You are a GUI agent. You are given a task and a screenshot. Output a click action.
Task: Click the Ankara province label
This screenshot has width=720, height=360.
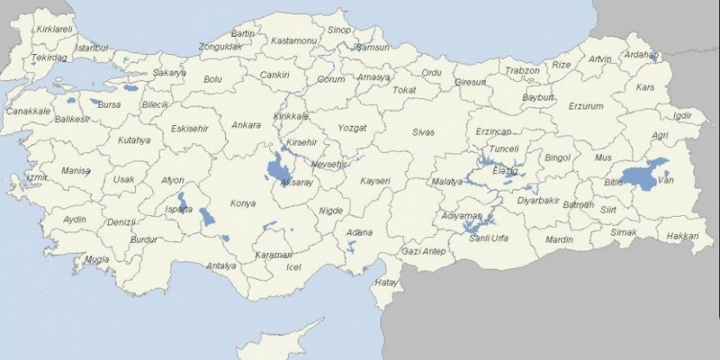pyautogui.click(x=245, y=125)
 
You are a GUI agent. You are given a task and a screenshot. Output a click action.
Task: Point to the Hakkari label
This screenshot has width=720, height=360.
pyautogui.click(x=682, y=236)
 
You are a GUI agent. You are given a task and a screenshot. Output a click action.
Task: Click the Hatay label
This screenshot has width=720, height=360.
pyautogui.click(x=385, y=282)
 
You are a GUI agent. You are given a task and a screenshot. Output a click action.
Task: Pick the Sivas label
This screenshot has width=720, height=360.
pyautogui.click(x=424, y=132)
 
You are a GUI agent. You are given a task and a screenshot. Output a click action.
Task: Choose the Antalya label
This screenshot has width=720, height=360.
pyautogui.click(x=221, y=266)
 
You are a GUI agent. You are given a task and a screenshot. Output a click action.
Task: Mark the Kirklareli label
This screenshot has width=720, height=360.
pyautogui.click(x=56, y=29)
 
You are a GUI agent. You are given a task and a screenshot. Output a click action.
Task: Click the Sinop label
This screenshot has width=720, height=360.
pyautogui.click(x=339, y=30)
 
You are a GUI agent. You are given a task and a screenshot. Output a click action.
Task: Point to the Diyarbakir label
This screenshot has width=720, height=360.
pyautogui.click(x=538, y=200)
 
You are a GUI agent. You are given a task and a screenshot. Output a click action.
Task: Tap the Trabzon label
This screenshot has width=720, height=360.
pyautogui.click(x=522, y=70)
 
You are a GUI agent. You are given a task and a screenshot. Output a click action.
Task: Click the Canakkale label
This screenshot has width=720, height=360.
pyautogui.click(x=27, y=110)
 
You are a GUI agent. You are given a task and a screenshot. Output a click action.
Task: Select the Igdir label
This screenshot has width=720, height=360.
pyautogui.click(x=682, y=115)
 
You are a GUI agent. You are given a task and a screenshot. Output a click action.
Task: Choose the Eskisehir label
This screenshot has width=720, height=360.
pyautogui.click(x=190, y=128)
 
